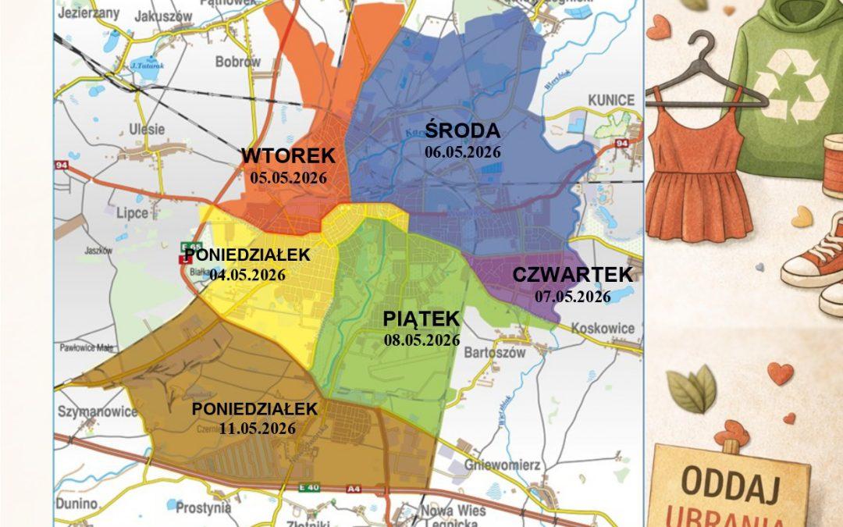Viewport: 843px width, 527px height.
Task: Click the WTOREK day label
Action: tap(288, 155)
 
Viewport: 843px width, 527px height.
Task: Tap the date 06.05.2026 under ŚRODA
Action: tap(462, 152)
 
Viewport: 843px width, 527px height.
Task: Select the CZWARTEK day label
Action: tap(572, 275)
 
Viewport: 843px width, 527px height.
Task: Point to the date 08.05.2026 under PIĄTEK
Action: tap(421, 340)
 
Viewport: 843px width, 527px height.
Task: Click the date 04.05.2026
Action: tap(247, 275)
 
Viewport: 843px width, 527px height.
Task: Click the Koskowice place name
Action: tap(603, 329)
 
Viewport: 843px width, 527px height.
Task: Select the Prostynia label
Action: tap(204, 508)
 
